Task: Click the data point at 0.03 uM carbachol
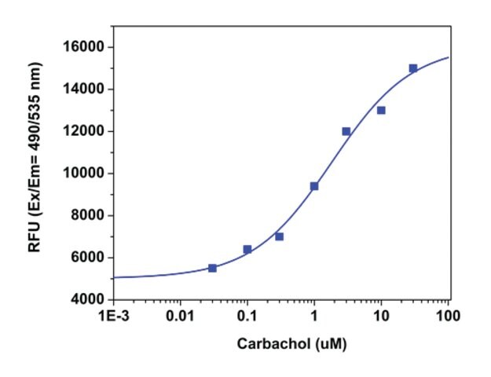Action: coord(212,268)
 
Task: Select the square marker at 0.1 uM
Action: coord(247,249)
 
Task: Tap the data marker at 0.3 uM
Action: coord(279,236)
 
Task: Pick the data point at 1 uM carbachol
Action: coord(314,186)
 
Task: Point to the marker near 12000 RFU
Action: coord(346,131)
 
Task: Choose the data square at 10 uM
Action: coord(381,110)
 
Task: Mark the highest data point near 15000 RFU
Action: coord(413,68)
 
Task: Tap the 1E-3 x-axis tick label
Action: coord(114,316)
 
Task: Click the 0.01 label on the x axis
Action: coord(180,316)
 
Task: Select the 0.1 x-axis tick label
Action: coord(247,316)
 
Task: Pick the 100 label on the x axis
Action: coord(449,316)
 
